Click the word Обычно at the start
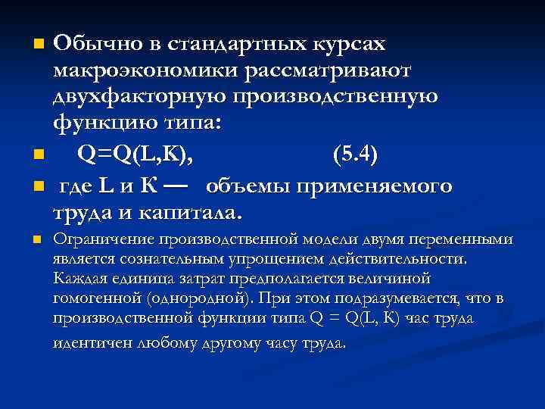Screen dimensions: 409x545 click(x=96, y=44)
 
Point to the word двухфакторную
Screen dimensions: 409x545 click(x=140, y=96)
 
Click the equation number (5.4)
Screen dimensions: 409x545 click(x=355, y=155)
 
